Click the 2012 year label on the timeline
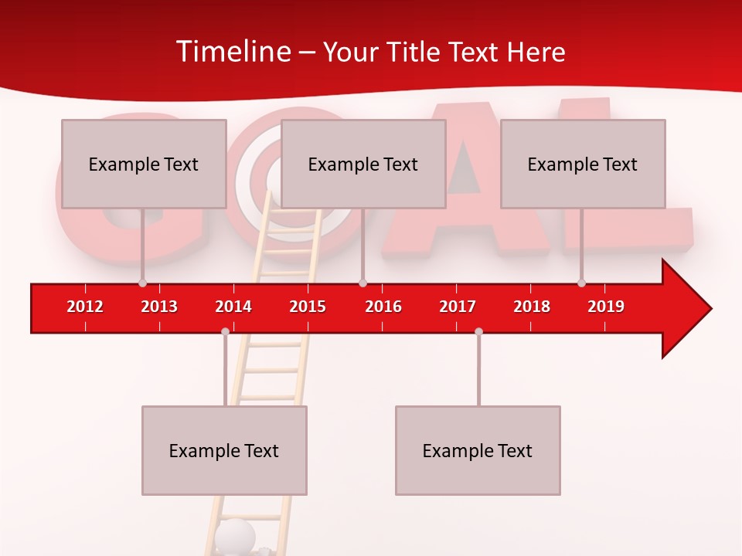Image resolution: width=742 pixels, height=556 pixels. (85, 307)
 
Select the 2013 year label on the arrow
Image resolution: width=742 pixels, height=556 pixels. (159, 307)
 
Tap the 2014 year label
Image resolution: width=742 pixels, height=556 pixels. (233, 307)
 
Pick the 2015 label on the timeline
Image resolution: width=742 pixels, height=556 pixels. (308, 307)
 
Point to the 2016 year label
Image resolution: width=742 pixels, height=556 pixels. (383, 307)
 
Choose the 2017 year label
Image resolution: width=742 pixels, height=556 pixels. (458, 307)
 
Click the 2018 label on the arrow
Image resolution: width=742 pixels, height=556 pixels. (532, 307)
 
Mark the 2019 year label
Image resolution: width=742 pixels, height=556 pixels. (606, 307)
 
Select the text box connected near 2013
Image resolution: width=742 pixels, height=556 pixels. (144, 164)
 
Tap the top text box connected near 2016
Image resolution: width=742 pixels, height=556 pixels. (363, 164)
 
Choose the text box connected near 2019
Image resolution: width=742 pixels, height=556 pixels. (583, 164)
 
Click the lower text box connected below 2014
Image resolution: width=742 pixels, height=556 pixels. (224, 450)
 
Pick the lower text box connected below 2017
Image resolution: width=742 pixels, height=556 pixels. (478, 450)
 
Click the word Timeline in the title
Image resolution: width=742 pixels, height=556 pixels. (233, 52)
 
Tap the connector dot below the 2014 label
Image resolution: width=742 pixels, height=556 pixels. (225, 331)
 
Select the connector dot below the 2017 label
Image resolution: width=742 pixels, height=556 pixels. (478, 331)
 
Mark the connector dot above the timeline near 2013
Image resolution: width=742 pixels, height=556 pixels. (142, 283)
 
